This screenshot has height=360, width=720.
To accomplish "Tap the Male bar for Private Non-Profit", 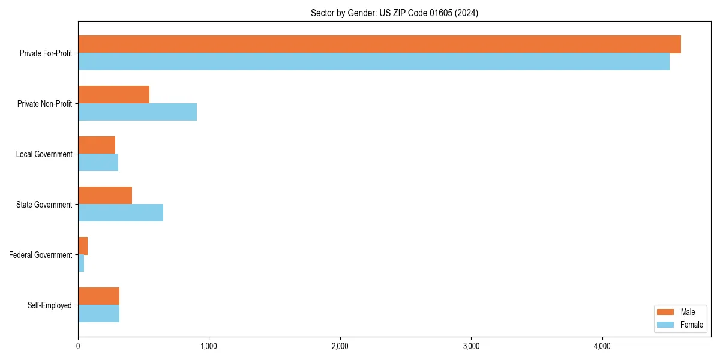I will [x=113, y=95].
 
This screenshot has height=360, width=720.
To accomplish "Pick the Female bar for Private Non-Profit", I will [x=137, y=112].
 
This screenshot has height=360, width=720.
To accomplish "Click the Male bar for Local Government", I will [x=97, y=145].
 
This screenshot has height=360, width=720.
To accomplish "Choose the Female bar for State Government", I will [x=121, y=213].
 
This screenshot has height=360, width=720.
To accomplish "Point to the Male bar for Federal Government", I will [x=83, y=246].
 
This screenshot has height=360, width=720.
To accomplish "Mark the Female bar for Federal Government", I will [x=81, y=263].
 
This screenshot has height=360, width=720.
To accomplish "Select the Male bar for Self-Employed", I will [x=98, y=296].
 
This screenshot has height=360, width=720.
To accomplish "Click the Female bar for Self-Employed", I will [x=98, y=314].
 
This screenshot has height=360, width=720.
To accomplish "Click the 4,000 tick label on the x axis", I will [x=602, y=346].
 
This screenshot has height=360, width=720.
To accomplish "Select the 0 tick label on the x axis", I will [x=78, y=346].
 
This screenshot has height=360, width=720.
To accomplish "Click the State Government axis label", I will [x=44, y=205].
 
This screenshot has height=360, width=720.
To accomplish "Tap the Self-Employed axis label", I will [x=49, y=305].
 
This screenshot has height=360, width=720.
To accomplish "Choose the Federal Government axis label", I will [x=40, y=255].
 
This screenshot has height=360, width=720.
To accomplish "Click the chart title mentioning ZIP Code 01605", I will [x=394, y=13].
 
